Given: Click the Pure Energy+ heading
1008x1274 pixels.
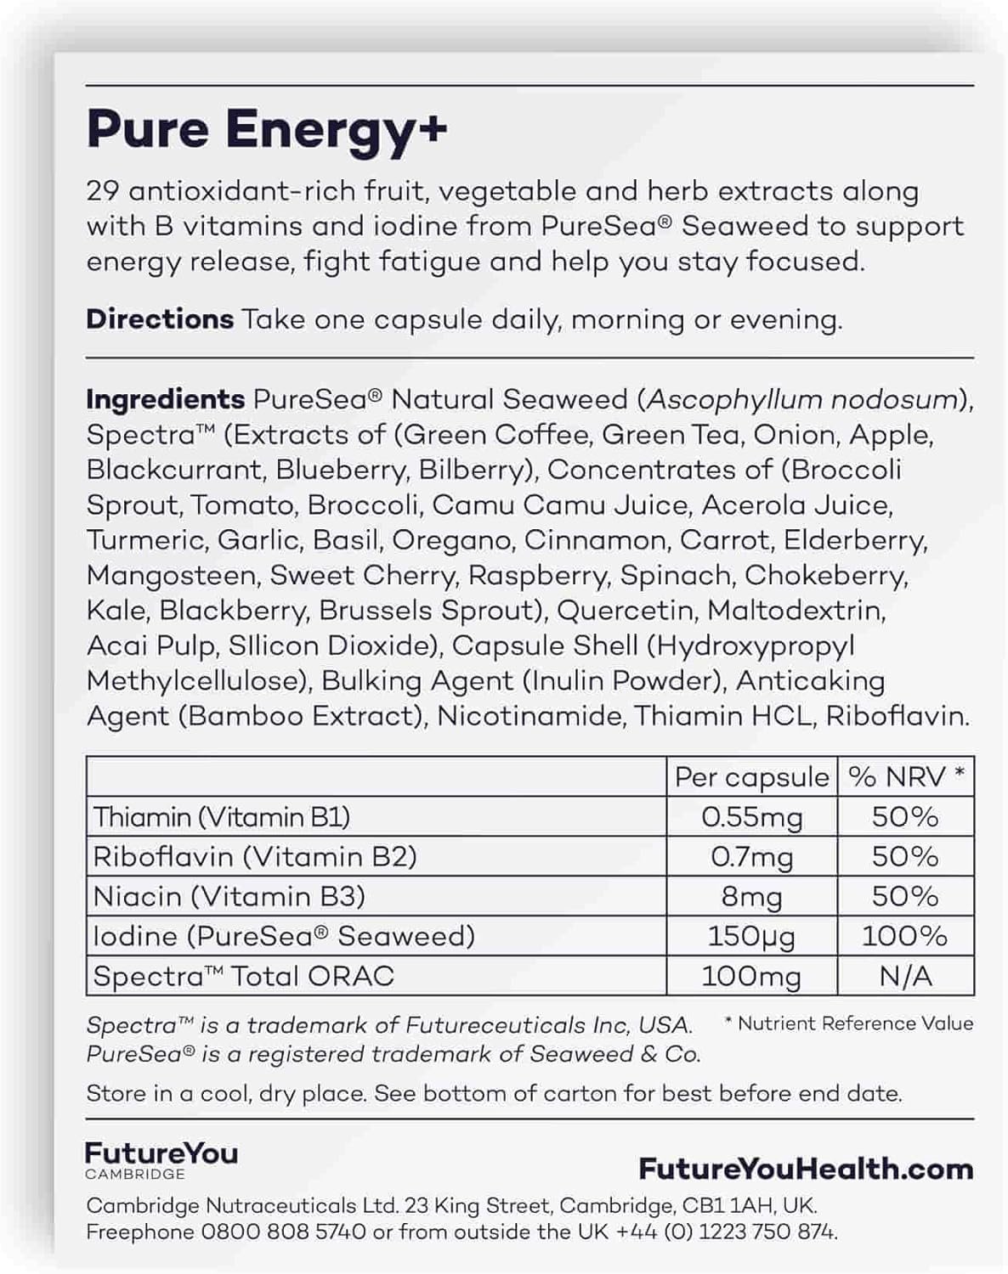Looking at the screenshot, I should click(267, 130).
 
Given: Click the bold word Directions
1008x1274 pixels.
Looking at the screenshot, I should click(160, 319).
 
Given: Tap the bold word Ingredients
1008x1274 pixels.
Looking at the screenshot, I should click(166, 399).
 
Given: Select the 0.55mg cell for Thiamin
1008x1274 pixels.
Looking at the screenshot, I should click(751, 817).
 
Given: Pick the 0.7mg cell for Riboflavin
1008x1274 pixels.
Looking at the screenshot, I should click(751, 857).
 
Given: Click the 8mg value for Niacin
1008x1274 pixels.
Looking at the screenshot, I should click(751, 897).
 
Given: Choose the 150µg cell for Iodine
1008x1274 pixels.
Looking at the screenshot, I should click(751, 936).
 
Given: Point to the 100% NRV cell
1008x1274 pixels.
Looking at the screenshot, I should click(904, 936).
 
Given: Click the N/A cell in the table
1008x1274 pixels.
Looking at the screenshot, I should click(904, 976).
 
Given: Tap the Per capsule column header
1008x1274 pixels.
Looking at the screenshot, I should click(751, 777).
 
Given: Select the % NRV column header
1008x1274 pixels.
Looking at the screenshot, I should click(906, 777).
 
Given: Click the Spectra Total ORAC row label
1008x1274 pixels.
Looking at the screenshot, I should click(243, 976).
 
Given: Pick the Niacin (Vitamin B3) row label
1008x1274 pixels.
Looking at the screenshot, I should click(229, 897).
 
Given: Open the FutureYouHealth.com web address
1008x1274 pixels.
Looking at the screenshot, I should click(806, 1170).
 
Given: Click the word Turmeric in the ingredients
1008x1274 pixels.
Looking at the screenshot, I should click(145, 540).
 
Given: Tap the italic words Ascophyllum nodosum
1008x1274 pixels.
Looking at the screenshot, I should click(802, 399).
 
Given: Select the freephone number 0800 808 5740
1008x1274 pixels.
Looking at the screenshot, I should click(284, 1232).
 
